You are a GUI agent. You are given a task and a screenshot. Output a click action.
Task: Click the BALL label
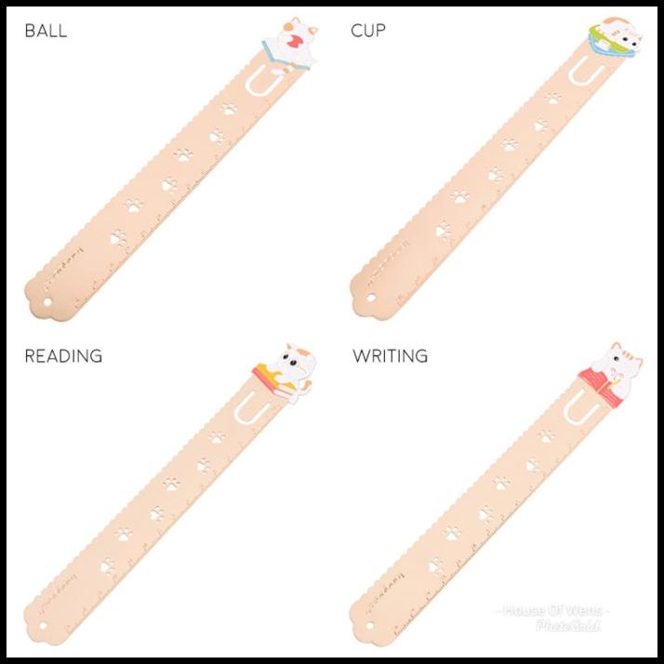pos(46,31)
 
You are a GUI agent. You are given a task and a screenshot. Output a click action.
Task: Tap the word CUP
pos(368,31)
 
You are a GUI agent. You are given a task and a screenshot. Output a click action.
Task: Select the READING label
pos(63,356)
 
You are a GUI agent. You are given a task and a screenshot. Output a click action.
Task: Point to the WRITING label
pos(391,356)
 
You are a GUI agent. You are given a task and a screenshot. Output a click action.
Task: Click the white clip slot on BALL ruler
pos(259,84)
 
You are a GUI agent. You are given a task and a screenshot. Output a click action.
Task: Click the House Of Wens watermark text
pos(554,611)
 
